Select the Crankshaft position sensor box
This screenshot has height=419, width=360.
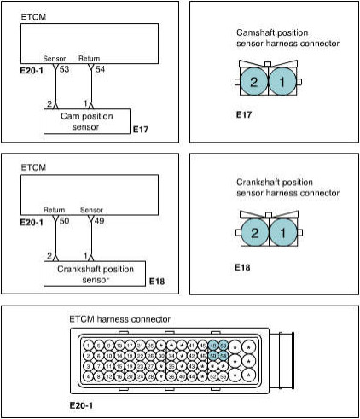point(90,274)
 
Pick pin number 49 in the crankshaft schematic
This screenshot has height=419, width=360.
point(96,219)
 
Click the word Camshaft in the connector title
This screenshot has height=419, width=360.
point(257,32)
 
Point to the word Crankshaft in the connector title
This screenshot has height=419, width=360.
point(258,183)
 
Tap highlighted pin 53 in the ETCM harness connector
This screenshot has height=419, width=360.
point(224,345)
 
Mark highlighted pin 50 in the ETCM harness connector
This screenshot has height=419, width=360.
point(213,355)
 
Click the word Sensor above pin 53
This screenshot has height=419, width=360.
point(55,59)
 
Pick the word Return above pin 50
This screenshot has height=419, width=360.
point(55,209)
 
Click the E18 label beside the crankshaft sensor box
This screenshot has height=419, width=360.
point(156,281)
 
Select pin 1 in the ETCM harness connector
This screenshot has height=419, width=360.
point(90,345)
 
